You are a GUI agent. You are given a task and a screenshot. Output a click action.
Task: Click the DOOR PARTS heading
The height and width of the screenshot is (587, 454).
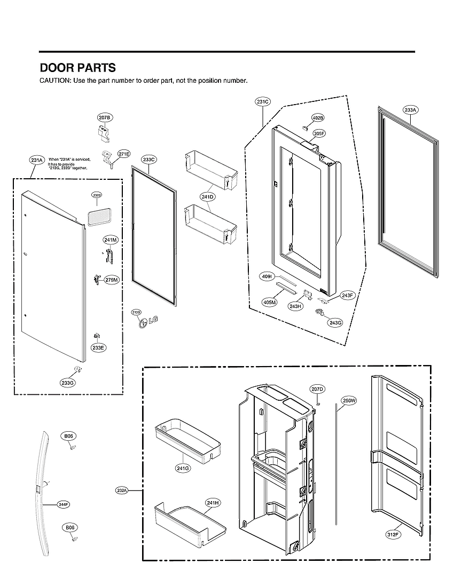pos(77,68)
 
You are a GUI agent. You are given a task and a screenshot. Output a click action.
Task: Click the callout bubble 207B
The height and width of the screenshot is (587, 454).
pos(105,117)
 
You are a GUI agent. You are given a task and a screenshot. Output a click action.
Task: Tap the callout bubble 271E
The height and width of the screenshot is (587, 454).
pos(124,154)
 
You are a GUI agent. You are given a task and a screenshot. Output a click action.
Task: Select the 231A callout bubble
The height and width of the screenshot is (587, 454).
pos(37,160)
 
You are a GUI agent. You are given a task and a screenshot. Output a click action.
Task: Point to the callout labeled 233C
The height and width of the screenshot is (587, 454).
pos(149,160)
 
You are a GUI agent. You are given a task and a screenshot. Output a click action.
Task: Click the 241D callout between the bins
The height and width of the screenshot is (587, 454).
pos(208,197)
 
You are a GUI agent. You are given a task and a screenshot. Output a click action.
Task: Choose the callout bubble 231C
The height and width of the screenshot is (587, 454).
pos(263,101)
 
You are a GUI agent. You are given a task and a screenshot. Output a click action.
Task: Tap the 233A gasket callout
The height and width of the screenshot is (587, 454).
pos(410,110)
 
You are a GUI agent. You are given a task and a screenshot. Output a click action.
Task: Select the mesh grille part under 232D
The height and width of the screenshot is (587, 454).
pos(97,216)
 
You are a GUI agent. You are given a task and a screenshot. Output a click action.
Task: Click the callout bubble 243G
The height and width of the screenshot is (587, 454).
pos(335,322)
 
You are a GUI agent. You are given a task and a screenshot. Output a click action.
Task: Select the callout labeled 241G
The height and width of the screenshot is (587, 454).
pos(183,468)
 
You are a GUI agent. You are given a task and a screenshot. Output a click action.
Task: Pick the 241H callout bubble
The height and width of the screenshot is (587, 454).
pos(213,502)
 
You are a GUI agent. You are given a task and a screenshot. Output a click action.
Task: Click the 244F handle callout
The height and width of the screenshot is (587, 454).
pos(64,504)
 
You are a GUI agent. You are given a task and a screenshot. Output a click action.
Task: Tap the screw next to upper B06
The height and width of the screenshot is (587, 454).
pos(71,448)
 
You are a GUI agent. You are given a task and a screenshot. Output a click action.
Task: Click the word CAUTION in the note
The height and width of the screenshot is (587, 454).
pos(54,81)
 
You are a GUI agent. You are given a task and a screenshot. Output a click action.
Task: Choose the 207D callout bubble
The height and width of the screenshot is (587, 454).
pos(317,389)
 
